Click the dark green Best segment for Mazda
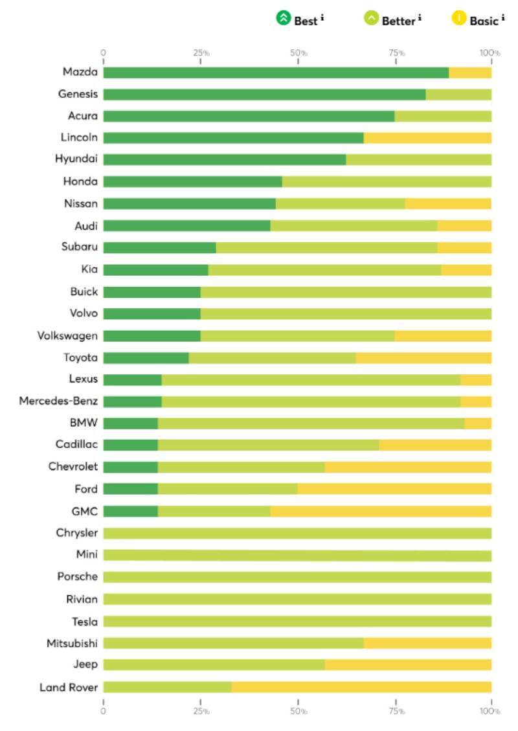276,73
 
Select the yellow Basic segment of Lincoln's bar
427,138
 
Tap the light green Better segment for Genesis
458,95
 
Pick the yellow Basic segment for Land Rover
361,687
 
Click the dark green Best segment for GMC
130,512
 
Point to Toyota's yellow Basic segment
423,357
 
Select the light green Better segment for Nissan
341,204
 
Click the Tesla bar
297,622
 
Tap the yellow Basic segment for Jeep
408,665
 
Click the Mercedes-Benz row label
58,401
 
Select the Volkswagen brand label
67,335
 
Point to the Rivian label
82,599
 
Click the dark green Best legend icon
284,18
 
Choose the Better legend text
398,21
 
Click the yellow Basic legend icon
459,18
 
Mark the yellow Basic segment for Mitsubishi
427,643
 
